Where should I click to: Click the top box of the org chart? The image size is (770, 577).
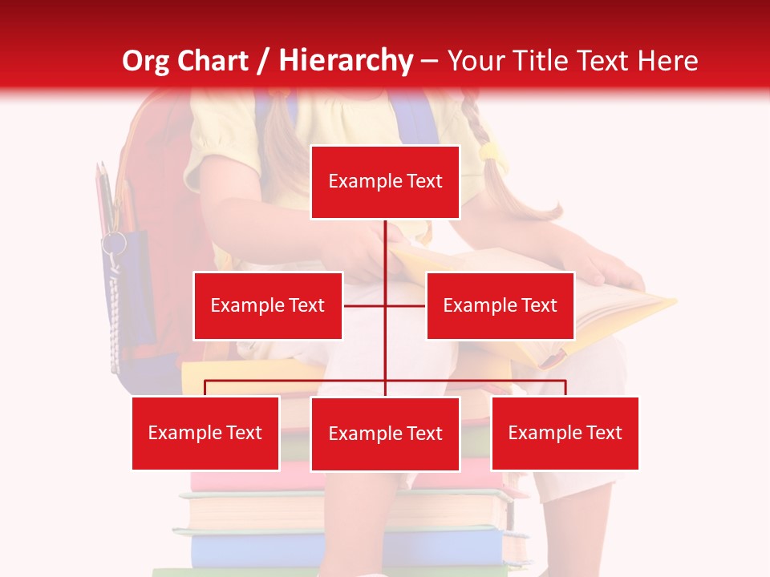385,182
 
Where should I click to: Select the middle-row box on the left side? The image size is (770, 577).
268,305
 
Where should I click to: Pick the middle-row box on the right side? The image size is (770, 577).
500,305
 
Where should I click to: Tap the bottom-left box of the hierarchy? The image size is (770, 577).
205,433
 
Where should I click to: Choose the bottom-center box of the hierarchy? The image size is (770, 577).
385,434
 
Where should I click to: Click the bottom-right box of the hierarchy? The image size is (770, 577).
565,433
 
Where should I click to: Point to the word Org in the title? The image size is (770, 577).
146,61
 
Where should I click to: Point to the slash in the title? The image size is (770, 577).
263,61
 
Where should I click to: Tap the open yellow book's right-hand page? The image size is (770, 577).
618,313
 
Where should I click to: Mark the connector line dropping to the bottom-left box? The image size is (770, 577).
205,388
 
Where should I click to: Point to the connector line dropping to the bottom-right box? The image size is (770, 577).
565,388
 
